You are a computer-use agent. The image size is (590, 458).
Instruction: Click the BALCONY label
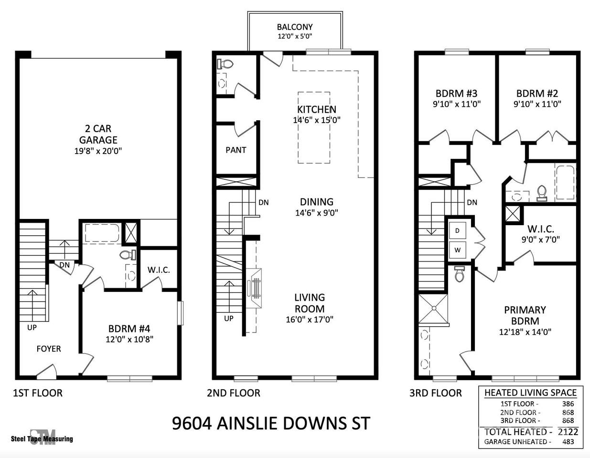295,27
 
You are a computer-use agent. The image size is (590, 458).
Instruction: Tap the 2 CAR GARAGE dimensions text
98,151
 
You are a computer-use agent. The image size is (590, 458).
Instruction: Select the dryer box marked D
457,230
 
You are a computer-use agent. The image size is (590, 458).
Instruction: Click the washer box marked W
457,250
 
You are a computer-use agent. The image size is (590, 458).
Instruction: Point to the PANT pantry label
236,150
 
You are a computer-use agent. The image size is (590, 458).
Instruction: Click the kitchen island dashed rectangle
314,128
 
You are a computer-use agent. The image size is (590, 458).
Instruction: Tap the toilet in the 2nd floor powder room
225,64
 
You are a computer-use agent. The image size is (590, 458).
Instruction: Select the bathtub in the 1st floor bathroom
102,233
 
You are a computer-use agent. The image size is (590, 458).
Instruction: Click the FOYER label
49,349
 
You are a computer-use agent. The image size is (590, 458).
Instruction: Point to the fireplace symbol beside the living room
255,288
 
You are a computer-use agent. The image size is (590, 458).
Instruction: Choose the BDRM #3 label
456,94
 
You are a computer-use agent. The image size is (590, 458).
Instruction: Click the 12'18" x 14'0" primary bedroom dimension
525,332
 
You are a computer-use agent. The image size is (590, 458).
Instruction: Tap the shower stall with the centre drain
433,308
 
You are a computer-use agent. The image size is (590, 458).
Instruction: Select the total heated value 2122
568,431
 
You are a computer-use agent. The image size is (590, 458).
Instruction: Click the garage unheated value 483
568,442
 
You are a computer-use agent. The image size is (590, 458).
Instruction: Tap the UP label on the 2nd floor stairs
229,318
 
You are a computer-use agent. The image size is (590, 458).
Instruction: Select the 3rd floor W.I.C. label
541,229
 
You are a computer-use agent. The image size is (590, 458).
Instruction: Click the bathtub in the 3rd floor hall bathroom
565,183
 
